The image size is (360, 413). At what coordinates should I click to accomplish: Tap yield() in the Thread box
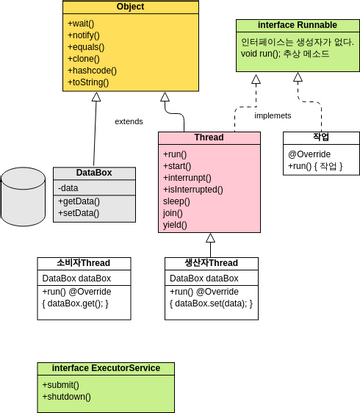tap(176, 225)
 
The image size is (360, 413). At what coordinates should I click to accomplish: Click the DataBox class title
tap(92, 173)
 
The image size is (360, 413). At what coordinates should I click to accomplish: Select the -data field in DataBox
tap(69, 187)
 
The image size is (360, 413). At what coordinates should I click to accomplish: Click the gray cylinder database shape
tap(23, 196)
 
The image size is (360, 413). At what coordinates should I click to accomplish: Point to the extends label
tap(129, 121)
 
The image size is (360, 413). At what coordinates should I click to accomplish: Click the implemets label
tap(273, 116)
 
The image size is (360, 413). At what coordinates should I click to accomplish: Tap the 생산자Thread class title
tap(212, 263)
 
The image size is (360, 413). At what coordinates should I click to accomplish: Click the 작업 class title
tap(321, 138)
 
